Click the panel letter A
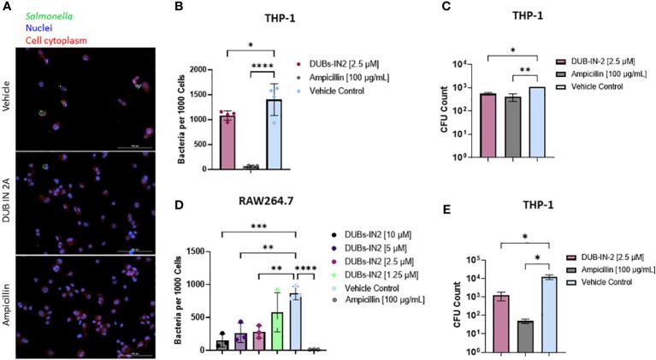click(x=7, y=7)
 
